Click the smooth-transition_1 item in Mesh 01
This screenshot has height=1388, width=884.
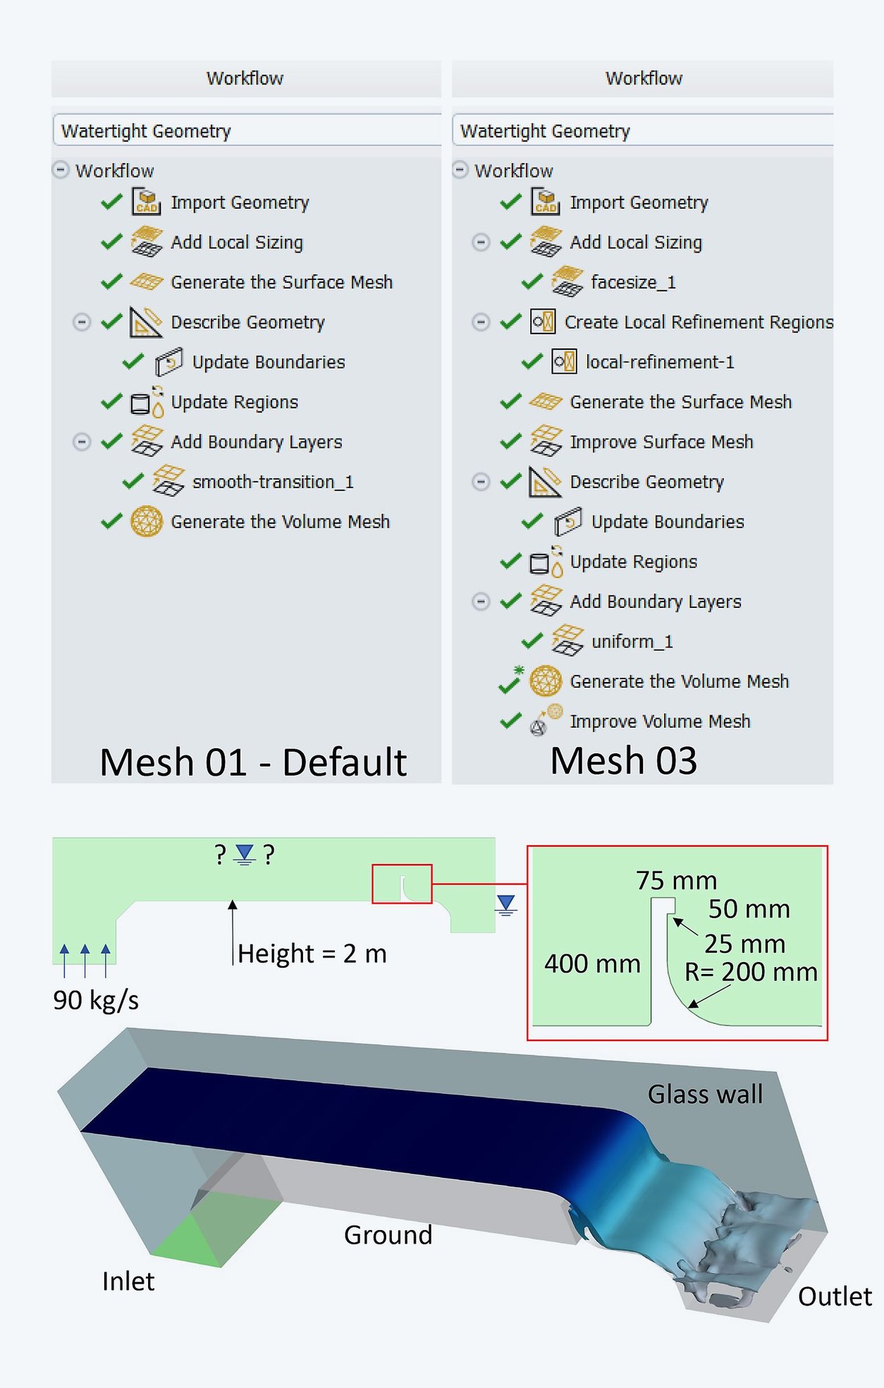point(272,482)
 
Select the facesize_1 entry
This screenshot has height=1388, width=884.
point(632,282)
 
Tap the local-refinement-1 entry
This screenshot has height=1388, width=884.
point(659,362)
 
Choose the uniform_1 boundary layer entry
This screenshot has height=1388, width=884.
point(632,641)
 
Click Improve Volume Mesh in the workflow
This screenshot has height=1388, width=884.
point(659,721)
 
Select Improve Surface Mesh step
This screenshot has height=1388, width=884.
point(661,442)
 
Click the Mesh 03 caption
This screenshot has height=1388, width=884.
point(623,760)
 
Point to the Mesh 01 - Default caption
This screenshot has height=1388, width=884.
point(253,762)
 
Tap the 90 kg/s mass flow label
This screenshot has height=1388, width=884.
point(96,999)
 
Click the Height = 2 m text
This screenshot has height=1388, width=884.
point(312,954)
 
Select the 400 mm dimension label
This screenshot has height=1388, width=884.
point(591,963)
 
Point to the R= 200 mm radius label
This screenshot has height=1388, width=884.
point(750,972)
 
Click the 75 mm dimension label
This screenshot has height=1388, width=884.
point(675,880)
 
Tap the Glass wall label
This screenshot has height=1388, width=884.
point(705,1094)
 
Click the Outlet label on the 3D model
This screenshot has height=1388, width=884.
point(834,1296)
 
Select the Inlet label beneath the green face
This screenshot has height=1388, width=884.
point(128,1281)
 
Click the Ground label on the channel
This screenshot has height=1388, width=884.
point(388,1234)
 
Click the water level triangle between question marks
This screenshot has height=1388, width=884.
point(244,854)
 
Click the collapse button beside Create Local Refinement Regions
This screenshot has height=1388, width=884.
point(481,322)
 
